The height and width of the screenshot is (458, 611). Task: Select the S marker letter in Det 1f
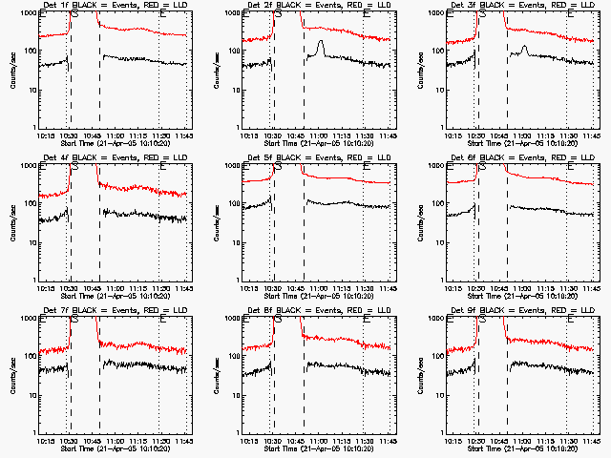(x=74, y=14)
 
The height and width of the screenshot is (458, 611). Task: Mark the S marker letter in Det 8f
(x=279, y=320)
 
